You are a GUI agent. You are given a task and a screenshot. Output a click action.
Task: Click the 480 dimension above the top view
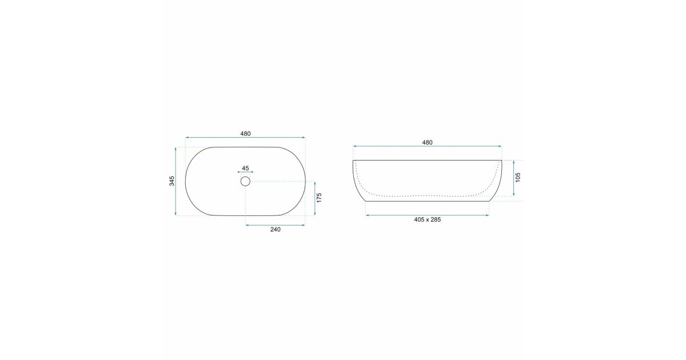(x=245, y=134)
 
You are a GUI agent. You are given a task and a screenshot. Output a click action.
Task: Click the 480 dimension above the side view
(x=427, y=143)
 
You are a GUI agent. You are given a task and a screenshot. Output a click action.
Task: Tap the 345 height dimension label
(x=172, y=181)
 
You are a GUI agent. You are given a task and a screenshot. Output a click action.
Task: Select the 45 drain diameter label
(x=245, y=169)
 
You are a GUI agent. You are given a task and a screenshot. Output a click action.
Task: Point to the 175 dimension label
(x=319, y=198)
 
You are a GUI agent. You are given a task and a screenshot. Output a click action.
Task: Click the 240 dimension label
(x=276, y=230)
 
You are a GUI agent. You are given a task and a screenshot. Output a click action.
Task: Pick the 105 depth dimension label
(x=518, y=178)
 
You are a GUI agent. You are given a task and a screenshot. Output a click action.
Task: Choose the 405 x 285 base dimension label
(x=427, y=220)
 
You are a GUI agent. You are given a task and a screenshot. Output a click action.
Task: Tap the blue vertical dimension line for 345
(x=176, y=181)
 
